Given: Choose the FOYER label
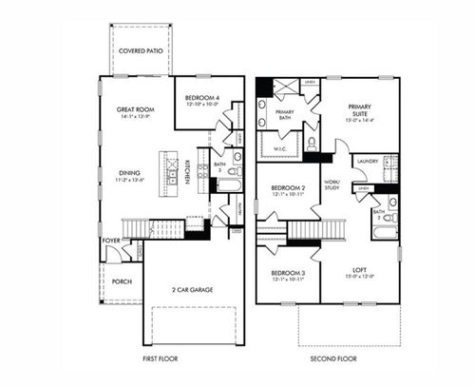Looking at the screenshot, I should point(111,242).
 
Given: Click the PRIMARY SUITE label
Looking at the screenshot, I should point(359,112).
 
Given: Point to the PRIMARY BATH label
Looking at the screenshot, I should point(284,116).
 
